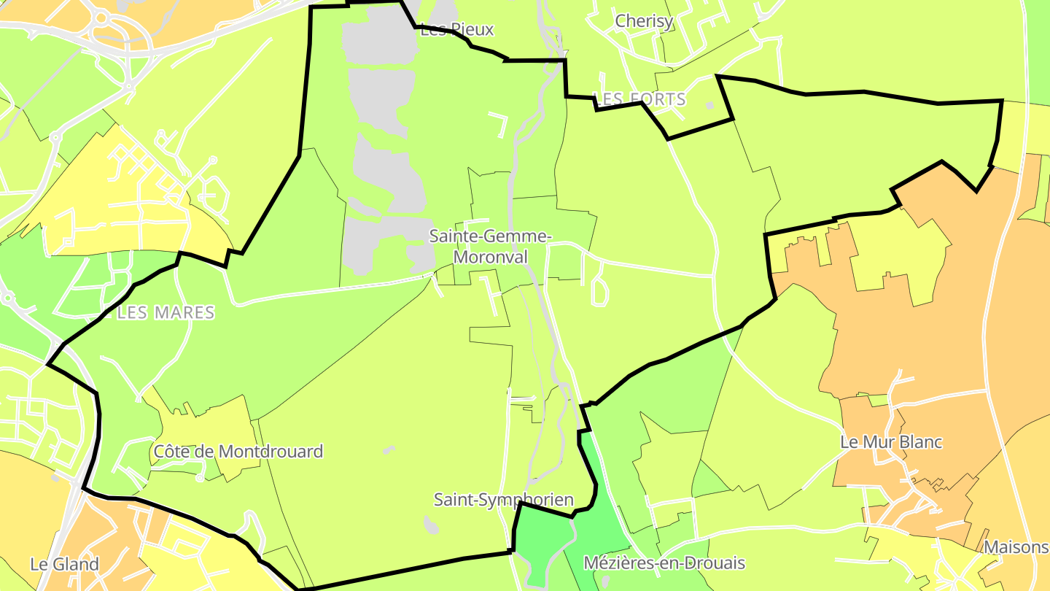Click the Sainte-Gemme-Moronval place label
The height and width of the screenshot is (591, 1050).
491,247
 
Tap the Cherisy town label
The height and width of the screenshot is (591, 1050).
644,21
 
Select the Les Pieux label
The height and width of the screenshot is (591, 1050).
457,30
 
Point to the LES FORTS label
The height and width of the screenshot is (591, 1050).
640,99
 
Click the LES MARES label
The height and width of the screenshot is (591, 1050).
166,313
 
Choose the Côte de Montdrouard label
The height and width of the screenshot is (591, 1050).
238,452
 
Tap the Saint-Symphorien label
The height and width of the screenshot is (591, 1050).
503,500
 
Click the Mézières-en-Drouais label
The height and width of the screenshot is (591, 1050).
664,563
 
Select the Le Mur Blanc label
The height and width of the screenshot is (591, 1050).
891,442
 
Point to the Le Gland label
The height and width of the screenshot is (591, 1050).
64,564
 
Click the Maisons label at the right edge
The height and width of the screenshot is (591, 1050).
1016,547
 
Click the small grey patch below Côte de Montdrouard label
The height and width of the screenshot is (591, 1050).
200,479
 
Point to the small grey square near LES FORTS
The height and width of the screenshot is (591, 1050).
710,106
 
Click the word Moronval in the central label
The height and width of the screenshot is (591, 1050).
491,258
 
